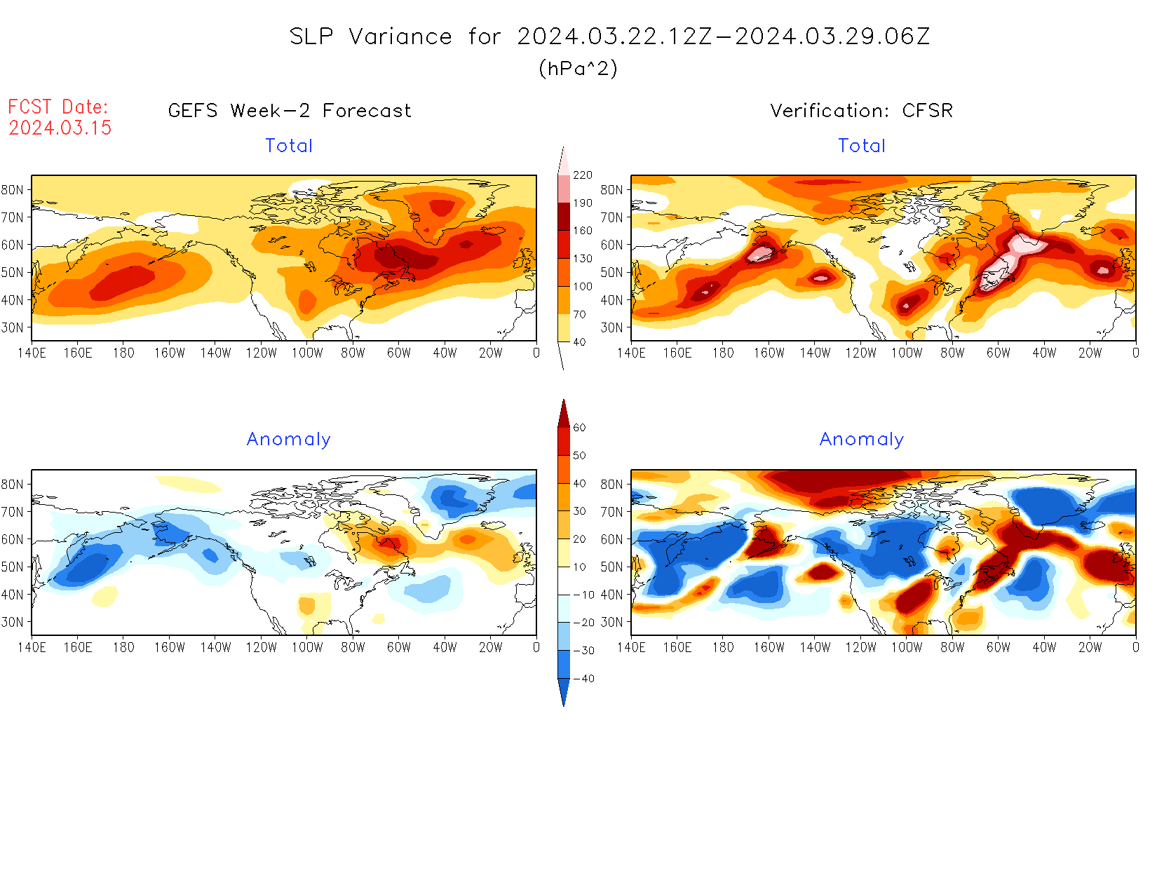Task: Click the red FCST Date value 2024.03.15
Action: (x=60, y=128)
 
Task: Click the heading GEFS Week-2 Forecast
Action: (x=290, y=111)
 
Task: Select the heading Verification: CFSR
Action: (x=861, y=111)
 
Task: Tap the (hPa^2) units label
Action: (x=578, y=68)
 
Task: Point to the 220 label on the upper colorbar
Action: (x=582, y=175)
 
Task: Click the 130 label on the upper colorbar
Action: (x=582, y=259)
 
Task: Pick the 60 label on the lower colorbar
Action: (x=579, y=428)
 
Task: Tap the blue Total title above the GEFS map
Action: (x=289, y=146)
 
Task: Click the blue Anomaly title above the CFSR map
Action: (x=861, y=440)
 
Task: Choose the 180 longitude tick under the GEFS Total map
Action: (x=123, y=353)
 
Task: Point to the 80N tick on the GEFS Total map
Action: (x=13, y=189)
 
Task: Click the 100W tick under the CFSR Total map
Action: (x=906, y=353)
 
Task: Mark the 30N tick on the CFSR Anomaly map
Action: (x=611, y=622)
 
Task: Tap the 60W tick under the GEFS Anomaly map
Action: (x=398, y=648)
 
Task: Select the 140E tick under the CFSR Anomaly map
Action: (x=631, y=648)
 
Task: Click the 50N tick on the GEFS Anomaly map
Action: (x=13, y=567)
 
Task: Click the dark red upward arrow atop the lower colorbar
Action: (x=564, y=413)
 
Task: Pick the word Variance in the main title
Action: (x=400, y=36)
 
